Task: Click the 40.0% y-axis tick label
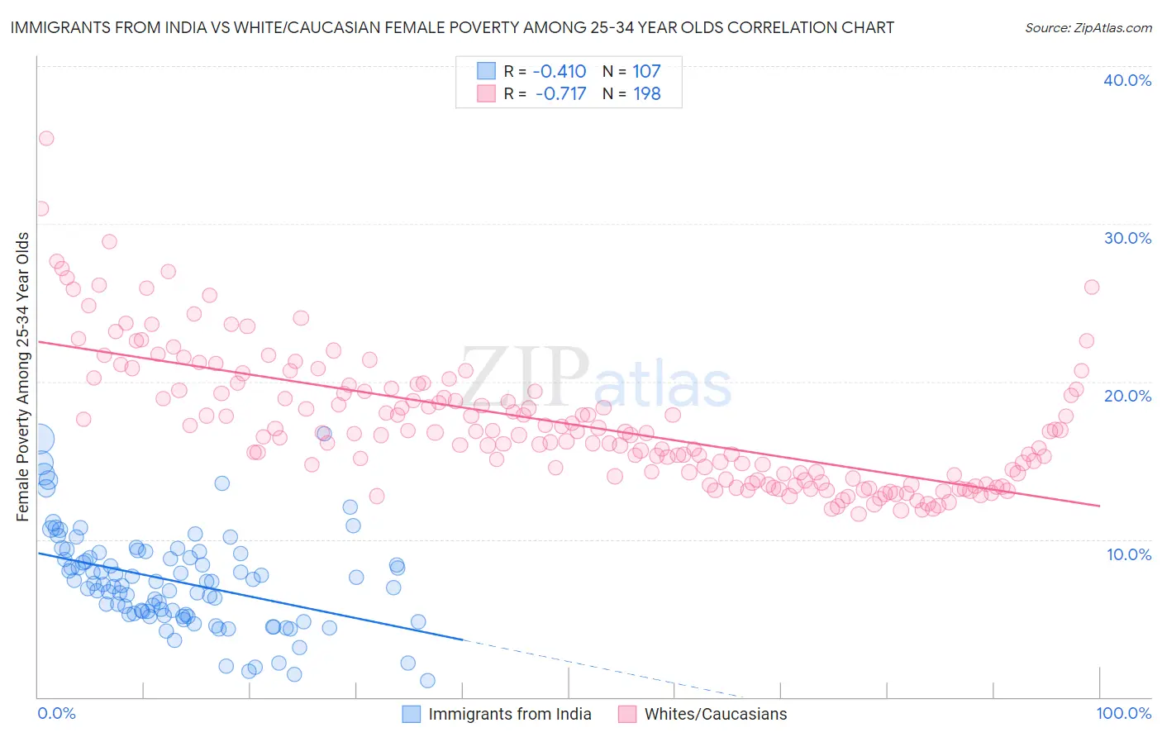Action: click(x=1127, y=80)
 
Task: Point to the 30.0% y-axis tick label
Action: click(x=1127, y=238)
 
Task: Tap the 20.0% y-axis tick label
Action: click(x=1127, y=396)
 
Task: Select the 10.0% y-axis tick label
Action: click(x=1129, y=554)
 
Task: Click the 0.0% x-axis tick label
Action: click(x=56, y=713)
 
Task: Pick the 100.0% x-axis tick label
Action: click(x=1123, y=713)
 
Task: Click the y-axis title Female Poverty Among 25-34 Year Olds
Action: click(x=23, y=377)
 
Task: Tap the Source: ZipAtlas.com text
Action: click(x=1088, y=28)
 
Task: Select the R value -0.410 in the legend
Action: click(x=560, y=72)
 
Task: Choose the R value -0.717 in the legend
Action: click(x=560, y=94)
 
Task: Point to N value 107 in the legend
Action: click(x=646, y=72)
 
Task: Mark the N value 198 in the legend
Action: click(x=646, y=94)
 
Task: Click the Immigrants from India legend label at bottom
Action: click(x=510, y=714)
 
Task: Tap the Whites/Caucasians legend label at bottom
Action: click(x=716, y=714)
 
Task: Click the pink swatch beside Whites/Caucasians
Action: click(x=627, y=714)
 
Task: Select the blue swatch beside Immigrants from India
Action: click(x=412, y=714)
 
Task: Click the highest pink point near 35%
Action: click(x=46, y=138)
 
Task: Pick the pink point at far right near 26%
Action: click(x=1091, y=287)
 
